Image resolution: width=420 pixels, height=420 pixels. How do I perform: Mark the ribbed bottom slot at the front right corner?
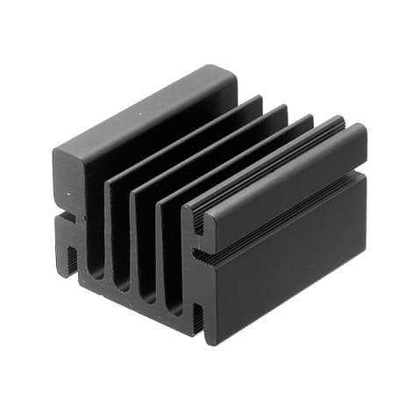pyautogui.click(x=197, y=321)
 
